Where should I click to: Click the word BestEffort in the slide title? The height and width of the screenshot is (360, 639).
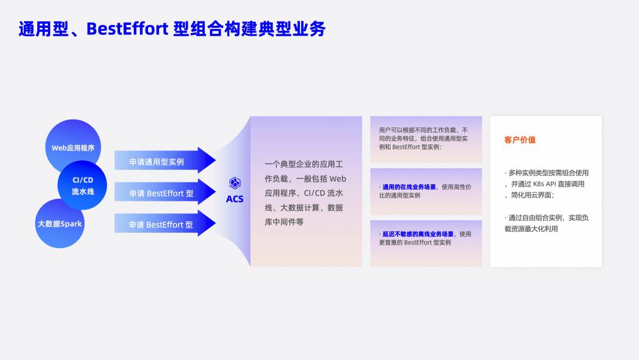(x=127, y=29)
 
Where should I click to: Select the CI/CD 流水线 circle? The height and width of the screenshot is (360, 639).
(x=82, y=185)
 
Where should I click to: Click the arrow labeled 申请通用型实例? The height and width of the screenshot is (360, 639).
(x=165, y=160)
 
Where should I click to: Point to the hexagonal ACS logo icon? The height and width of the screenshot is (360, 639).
(x=235, y=183)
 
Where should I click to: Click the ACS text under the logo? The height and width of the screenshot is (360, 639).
(x=235, y=199)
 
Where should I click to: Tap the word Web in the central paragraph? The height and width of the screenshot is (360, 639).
(x=337, y=179)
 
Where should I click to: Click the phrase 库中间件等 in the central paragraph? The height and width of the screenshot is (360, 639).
(x=284, y=222)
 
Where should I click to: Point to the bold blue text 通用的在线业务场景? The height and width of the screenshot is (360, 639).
(x=409, y=187)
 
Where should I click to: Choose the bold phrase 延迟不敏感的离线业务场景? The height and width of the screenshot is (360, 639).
(x=418, y=234)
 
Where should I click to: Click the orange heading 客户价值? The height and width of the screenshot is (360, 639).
(x=520, y=140)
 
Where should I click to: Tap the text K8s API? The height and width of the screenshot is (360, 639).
(x=544, y=184)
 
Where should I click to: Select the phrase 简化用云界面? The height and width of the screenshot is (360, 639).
(x=531, y=195)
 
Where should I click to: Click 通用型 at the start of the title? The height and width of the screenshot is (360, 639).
(x=43, y=29)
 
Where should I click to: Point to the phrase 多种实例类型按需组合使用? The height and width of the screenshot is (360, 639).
(x=548, y=173)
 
